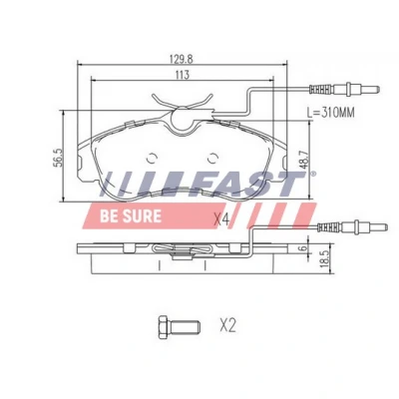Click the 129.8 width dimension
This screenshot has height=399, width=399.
pos(181,59)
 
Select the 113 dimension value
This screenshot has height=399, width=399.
pos(182,75)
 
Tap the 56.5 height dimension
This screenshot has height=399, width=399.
pos(59,158)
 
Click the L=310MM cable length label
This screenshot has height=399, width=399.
pos(330,113)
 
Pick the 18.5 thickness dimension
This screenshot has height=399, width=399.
pos(326,258)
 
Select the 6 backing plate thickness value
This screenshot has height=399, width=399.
pos(302,247)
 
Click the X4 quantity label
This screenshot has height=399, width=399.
pos(221,219)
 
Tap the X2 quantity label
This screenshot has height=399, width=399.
pos(227,325)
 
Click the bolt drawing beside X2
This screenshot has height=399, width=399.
pos(180,327)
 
